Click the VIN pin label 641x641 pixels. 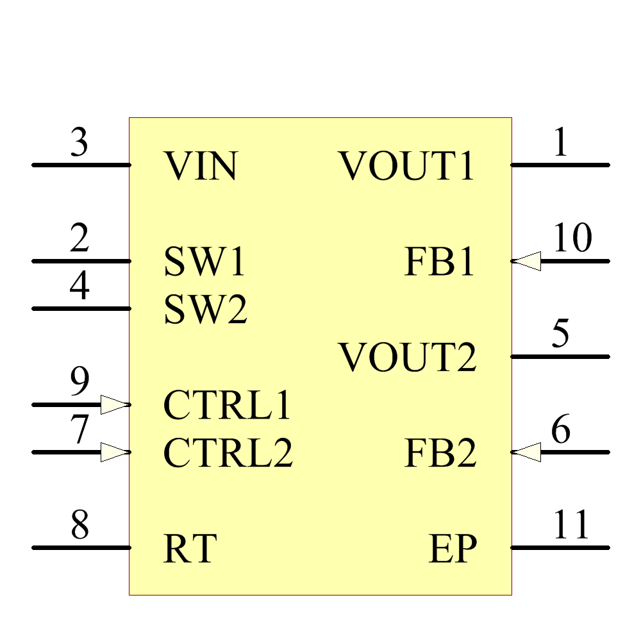[x=201, y=166]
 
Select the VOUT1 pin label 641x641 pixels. [x=407, y=166]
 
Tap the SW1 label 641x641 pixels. [x=204, y=262]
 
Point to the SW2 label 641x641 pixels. [x=205, y=310]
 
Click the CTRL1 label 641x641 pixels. [x=228, y=406]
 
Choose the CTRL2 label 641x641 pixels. [x=228, y=453]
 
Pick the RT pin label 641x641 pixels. [x=190, y=549]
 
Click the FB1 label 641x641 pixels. [x=440, y=262]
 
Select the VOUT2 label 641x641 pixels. [x=408, y=358]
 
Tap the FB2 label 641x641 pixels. [x=440, y=453]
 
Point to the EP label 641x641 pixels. [x=453, y=549]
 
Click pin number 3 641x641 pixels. [x=79, y=143]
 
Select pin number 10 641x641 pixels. [x=572, y=239]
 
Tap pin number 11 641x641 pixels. [x=571, y=526]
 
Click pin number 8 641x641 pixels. [x=79, y=526]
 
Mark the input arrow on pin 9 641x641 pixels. [x=115, y=404]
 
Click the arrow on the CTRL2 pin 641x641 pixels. [x=115, y=453]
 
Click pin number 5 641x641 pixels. [x=561, y=335]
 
